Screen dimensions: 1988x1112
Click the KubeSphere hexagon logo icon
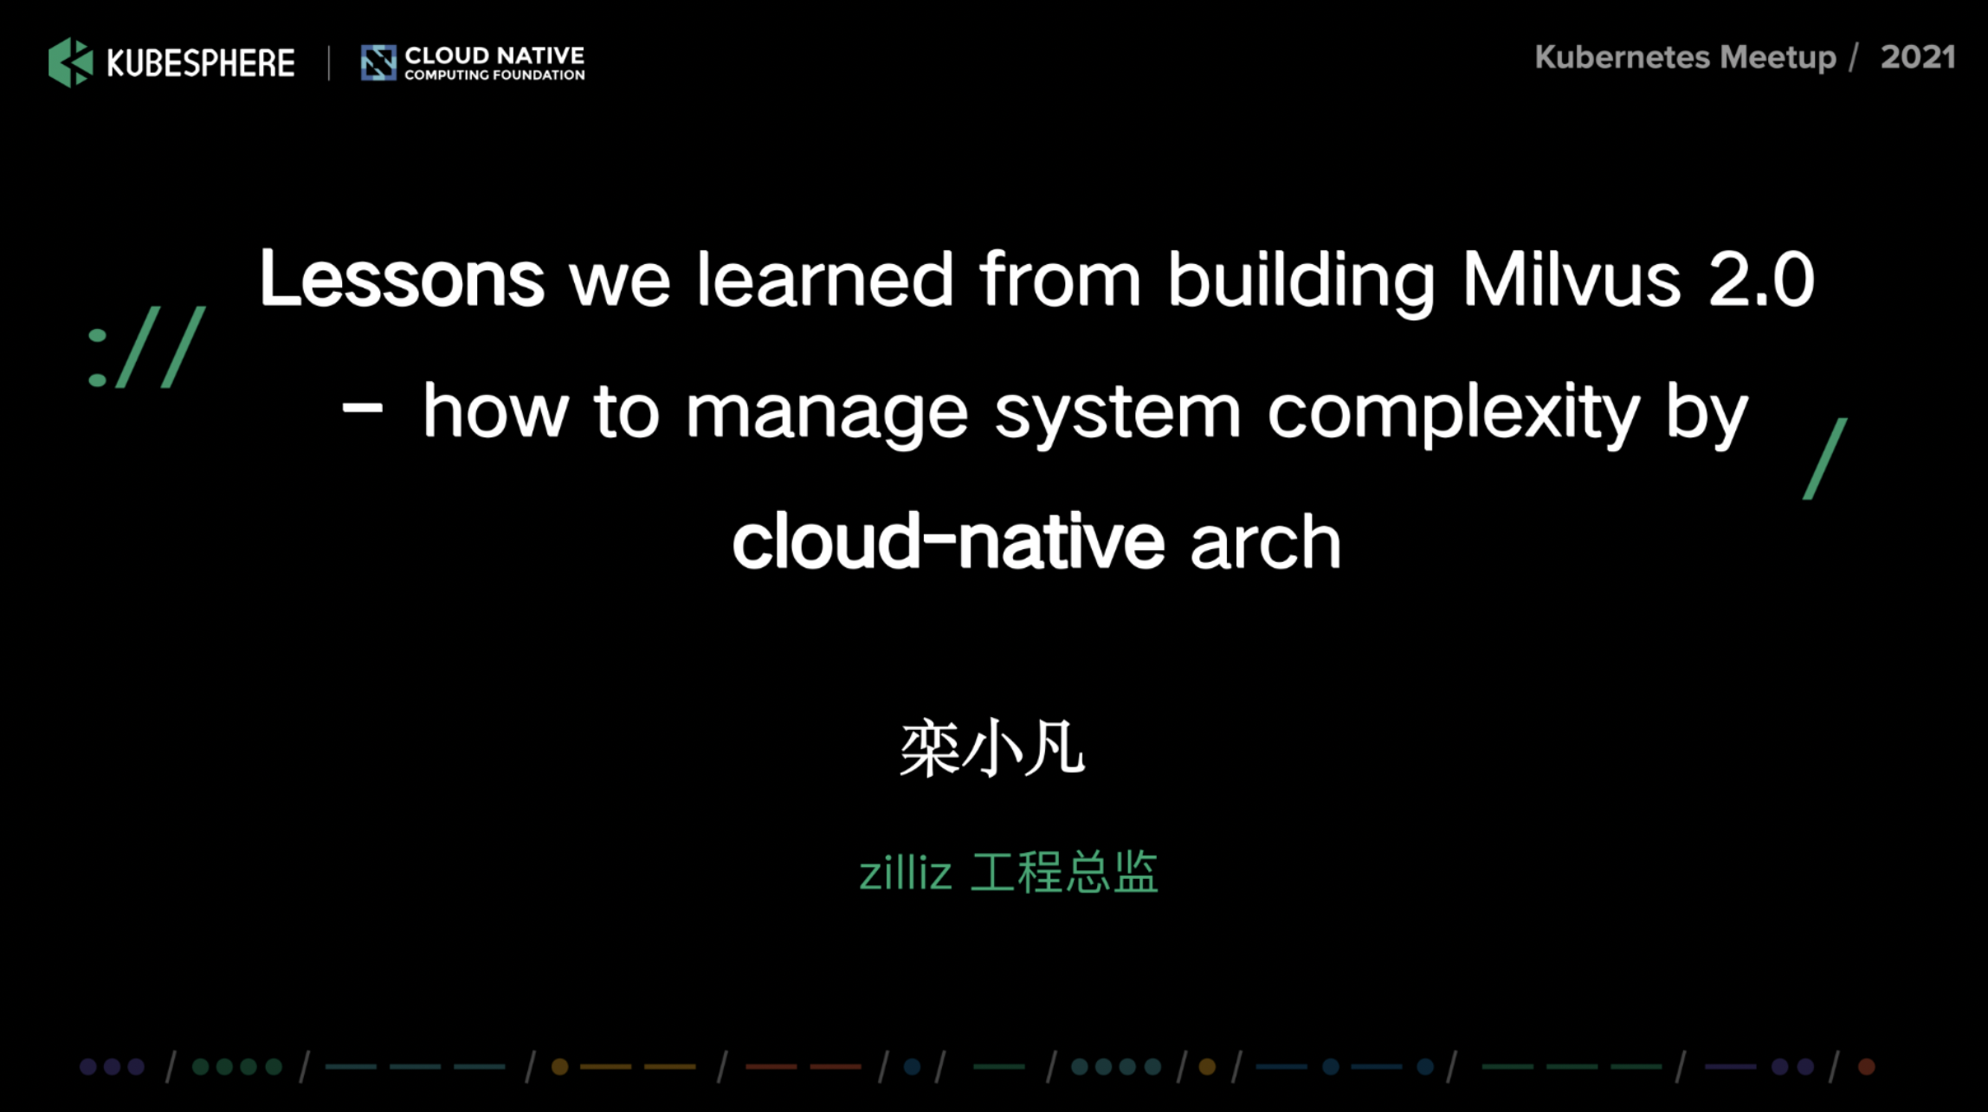click(71, 62)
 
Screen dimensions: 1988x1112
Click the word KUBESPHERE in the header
click(201, 63)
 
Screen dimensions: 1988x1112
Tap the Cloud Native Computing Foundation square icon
click(378, 63)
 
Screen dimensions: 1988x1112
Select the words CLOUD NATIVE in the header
click(494, 55)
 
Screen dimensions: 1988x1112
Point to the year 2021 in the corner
click(1918, 57)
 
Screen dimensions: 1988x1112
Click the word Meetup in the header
click(1778, 58)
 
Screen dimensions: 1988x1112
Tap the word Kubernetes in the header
click(1623, 57)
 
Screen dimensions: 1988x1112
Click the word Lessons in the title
click(402, 278)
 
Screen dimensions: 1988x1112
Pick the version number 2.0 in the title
click(1762, 279)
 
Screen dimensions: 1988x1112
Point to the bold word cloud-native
click(949, 540)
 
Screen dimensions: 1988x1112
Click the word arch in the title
click(1266, 540)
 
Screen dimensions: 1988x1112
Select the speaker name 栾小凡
click(992, 748)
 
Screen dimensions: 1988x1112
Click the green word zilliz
click(905, 872)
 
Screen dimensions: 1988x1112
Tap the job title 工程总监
click(1064, 871)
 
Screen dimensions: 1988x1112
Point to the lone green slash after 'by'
click(1825, 459)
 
